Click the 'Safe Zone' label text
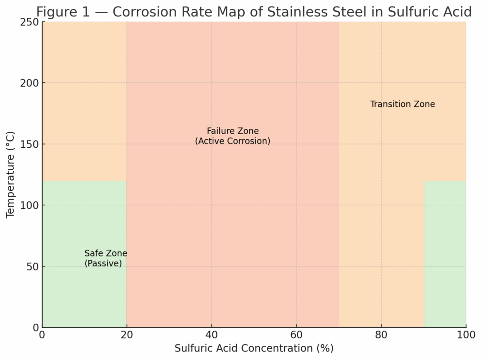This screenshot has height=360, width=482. point(105,254)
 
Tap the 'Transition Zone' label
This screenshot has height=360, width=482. point(402,104)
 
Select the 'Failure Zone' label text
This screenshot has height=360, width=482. point(233,131)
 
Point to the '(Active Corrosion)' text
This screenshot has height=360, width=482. point(233,141)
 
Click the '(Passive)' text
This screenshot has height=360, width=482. point(103,264)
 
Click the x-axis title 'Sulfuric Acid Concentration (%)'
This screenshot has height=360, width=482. point(254,349)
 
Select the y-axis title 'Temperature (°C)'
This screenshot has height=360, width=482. point(10,175)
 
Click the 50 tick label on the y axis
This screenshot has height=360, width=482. point(31,266)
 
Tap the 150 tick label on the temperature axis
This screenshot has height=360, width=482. point(28,144)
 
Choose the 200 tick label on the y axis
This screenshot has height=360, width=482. point(28,83)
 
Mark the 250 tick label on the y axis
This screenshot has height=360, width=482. point(28,22)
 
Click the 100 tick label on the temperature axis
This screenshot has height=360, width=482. point(28,205)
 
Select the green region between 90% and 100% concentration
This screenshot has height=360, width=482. point(445,254)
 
